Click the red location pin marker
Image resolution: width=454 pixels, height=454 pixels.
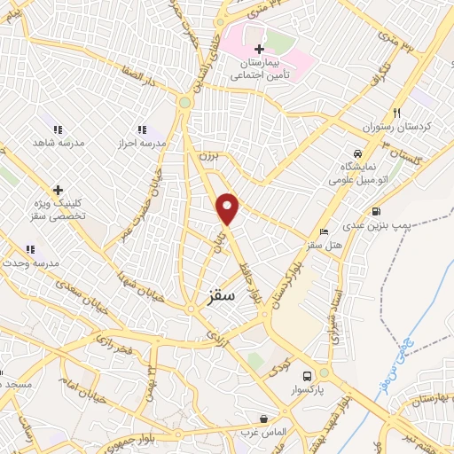(x=228, y=208)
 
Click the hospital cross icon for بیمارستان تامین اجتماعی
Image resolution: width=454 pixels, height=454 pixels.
(x=259, y=49)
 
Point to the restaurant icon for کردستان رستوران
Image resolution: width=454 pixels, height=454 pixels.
(x=396, y=113)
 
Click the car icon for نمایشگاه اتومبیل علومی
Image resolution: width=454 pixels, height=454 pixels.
(x=357, y=152)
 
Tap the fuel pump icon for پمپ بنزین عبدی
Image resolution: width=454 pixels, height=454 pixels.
(x=377, y=212)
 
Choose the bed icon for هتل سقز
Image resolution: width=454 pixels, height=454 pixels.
(x=323, y=231)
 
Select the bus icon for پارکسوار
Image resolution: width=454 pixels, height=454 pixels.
(x=307, y=375)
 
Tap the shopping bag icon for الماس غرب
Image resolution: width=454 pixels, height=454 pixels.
(x=263, y=419)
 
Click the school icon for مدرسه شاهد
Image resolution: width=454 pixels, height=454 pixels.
(x=58, y=129)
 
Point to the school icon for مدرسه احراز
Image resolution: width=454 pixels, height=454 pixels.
(x=140, y=129)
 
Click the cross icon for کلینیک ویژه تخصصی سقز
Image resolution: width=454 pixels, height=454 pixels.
(x=58, y=190)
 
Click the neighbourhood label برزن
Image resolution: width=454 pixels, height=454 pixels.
(x=205, y=154)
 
